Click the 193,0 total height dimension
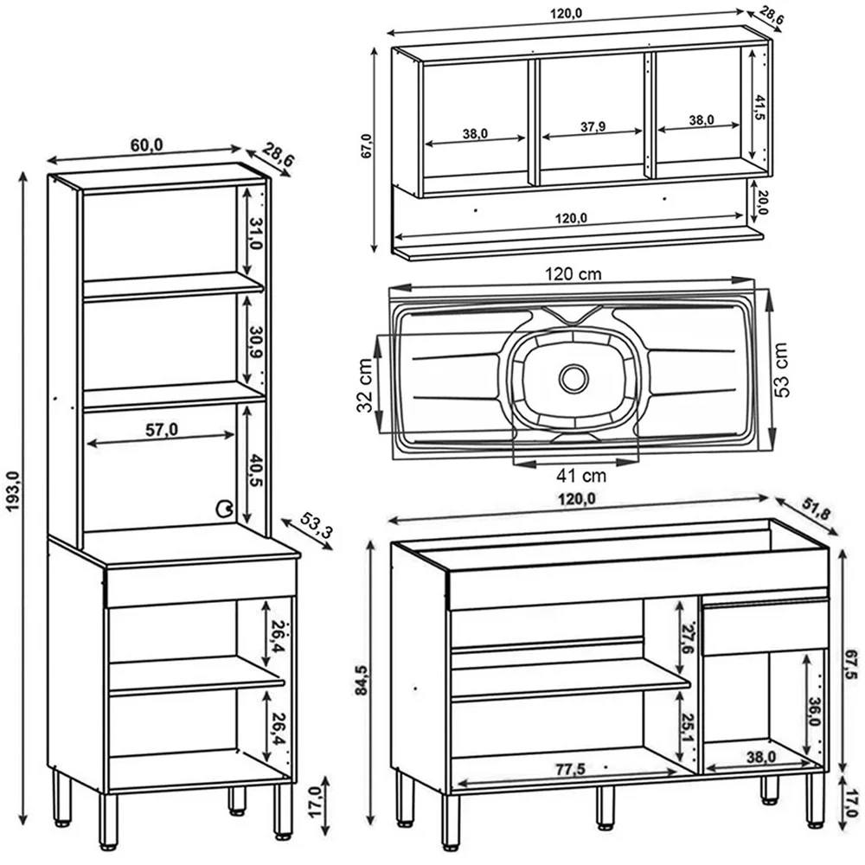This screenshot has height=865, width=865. (12, 503)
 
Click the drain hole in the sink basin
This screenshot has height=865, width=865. (573, 377)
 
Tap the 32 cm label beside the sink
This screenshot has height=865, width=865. (365, 387)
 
